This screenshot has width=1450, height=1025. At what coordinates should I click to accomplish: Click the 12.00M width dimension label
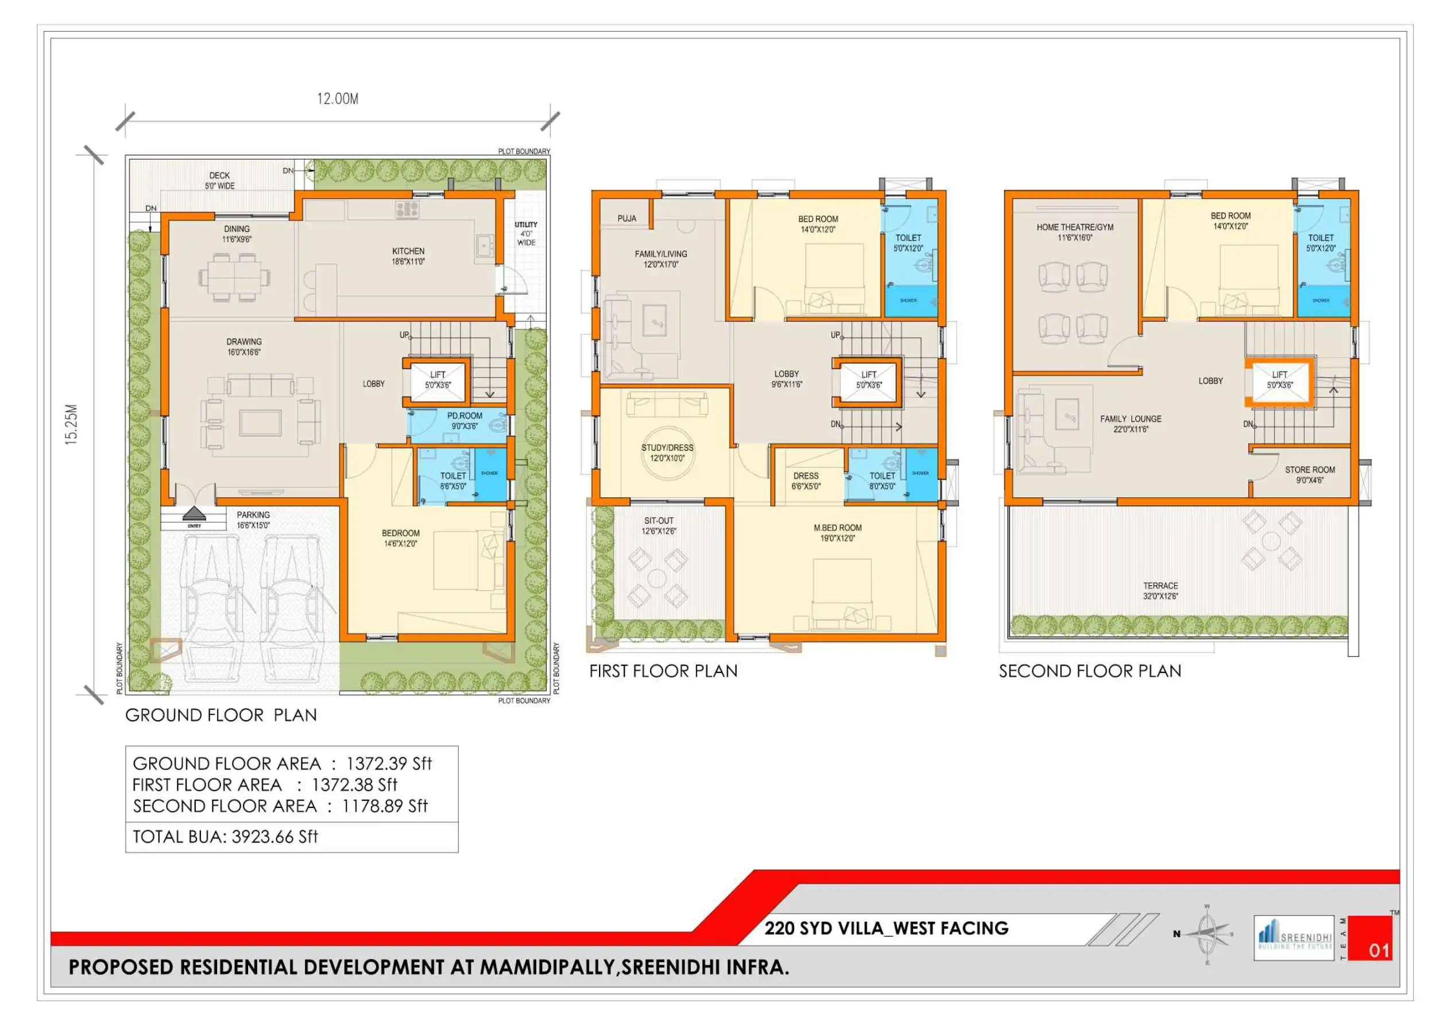337,99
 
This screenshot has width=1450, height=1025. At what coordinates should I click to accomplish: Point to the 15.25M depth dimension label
71,424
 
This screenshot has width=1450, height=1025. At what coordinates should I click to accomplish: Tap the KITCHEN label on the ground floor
408,252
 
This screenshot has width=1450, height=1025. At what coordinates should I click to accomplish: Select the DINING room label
237,229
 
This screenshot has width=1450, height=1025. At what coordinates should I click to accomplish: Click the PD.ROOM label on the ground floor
465,416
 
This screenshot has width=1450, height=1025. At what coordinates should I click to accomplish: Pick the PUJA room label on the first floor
627,219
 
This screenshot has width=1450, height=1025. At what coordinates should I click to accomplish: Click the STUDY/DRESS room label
667,448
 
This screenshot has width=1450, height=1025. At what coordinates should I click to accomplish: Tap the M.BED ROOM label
837,528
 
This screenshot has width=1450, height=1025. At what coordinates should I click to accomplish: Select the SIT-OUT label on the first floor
659,521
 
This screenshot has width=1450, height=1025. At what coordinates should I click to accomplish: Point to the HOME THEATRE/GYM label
1075,227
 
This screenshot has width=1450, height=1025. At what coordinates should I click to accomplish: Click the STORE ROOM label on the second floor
1310,470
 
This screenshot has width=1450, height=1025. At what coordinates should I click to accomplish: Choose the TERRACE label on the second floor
1160,586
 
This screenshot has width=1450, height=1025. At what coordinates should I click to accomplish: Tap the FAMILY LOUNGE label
1131,419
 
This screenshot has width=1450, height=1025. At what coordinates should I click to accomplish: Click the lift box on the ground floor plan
438,380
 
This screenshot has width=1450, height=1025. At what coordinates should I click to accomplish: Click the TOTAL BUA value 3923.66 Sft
274,837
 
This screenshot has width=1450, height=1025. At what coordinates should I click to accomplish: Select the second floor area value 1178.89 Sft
385,806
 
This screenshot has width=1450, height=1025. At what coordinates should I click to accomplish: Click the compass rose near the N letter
1207,934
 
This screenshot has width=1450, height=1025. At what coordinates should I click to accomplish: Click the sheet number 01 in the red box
1379,950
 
